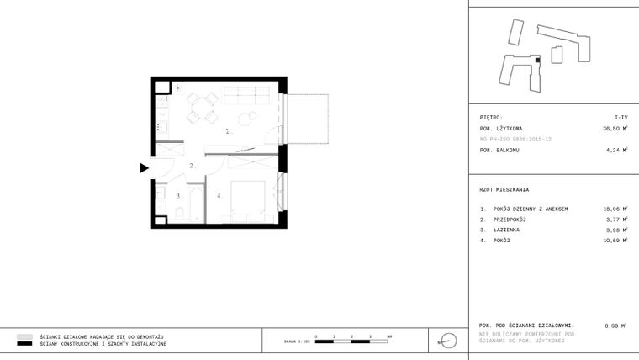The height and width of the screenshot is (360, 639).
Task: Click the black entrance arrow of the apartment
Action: click(144, 167)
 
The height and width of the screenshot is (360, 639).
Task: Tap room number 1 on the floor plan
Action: click(227, 132)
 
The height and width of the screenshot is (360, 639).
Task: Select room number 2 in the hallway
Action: click(192, 166)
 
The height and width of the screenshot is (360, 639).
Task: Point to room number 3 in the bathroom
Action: click(177, 196)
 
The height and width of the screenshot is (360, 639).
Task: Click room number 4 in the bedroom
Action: click(219, 196)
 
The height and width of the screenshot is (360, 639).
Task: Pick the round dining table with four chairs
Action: click(200, 106)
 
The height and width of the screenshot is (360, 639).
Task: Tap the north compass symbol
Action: click(447, 341)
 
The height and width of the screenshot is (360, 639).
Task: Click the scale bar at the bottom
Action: click(352, 339)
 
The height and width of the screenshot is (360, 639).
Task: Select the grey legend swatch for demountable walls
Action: click(25, 336)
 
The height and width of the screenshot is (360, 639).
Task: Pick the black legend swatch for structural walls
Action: click(25, 344)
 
